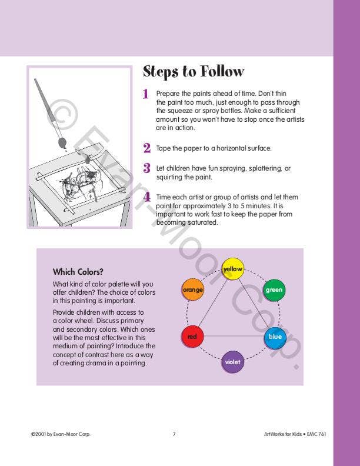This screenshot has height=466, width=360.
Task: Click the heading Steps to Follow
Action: (x=193, y=72)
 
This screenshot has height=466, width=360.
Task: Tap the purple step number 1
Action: (x=146, y=94)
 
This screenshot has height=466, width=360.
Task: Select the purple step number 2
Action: (x=146, y=148)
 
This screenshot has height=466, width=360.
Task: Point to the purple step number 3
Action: (x=146, y=168)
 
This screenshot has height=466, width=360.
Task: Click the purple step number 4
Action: (x=147, y=197)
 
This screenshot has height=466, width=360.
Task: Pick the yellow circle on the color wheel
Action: (x=233, y=269)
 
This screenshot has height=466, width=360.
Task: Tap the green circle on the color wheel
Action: (x=274, y=289)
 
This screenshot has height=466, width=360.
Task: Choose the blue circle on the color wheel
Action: (x=275, y=337)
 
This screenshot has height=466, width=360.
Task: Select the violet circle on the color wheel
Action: (x=233, y=361)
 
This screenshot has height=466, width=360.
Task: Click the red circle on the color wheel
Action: (x=192, y=337)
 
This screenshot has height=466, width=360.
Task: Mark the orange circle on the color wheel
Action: (x=192, y=289)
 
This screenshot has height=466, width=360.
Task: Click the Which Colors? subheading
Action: (x=78, y=272)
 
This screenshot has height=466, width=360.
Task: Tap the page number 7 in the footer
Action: (x=174, y=434)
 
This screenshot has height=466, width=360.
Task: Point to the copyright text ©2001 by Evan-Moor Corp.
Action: (x=61, y=434)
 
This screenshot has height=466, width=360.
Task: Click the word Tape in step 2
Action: (x=164, y=148)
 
